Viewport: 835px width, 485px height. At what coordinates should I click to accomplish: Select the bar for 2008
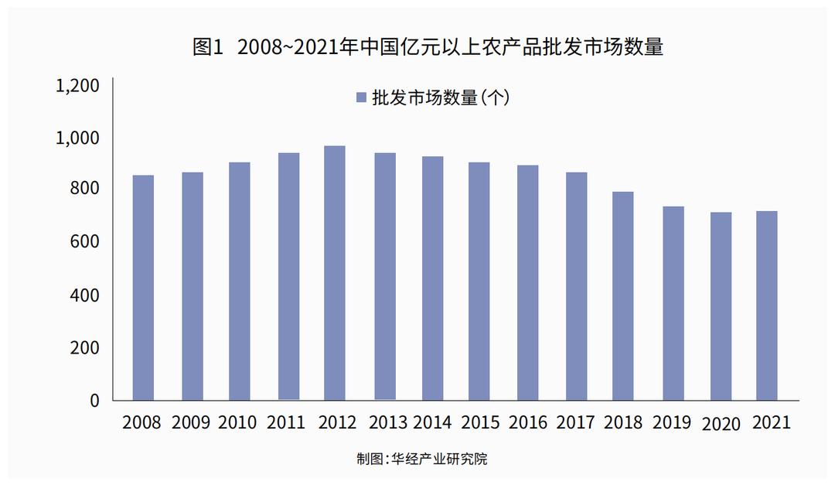(x=143, y=288)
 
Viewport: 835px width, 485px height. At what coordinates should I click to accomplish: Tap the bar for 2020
(x=721, y=306)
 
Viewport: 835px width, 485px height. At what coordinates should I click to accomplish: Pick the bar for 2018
(x=623, y=296)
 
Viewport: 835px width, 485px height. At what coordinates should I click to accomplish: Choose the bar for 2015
(x=479, y=282)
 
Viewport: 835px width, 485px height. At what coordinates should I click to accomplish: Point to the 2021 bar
(x=767, y=306)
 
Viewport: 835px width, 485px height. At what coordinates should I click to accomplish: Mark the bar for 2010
(x=240, y=282)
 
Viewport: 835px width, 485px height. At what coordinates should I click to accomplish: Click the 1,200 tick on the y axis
(x=78, y=85)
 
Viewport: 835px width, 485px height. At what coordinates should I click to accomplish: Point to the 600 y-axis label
(x=85, y=243)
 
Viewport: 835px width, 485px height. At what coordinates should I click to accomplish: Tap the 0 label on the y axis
(x=95, y=401)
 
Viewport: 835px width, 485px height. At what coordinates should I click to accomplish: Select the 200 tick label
(x=85, y=348)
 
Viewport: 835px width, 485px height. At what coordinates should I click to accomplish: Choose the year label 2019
(x=672, y=423)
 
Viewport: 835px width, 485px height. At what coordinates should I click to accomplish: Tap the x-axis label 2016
(x=528, y=423)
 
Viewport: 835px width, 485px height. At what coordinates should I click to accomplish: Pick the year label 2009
(x=190, y=423)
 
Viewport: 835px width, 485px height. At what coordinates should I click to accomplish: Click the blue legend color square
(x=360, y=97)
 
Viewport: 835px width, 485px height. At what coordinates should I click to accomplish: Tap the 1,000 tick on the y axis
(x=78, y=138)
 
